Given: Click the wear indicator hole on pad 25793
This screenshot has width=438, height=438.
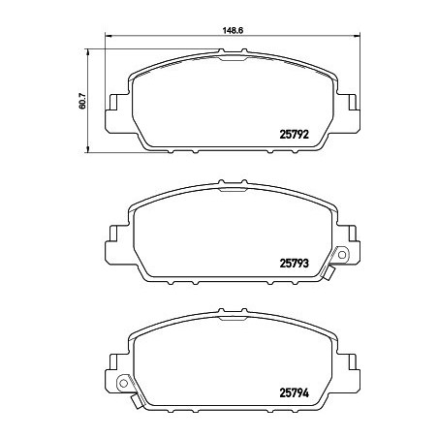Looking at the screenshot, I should [340, 255].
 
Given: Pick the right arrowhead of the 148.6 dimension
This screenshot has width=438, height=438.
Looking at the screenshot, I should [355, 37].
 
